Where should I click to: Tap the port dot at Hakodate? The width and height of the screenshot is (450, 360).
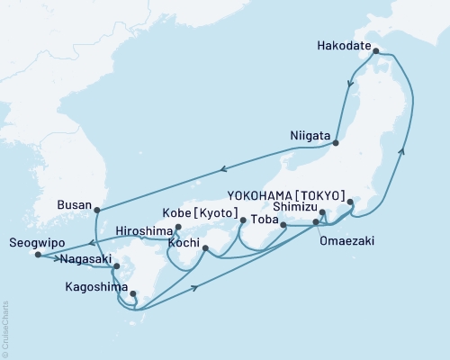[375, 51]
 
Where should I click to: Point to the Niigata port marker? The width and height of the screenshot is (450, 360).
[335, 142]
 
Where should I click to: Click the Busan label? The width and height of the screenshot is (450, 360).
[74, 204]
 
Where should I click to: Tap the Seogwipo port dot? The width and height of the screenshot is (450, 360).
[37, 255]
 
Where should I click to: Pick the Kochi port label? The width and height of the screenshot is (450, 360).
[182, 243]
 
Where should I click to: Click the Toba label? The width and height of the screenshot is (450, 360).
[264, 218]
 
